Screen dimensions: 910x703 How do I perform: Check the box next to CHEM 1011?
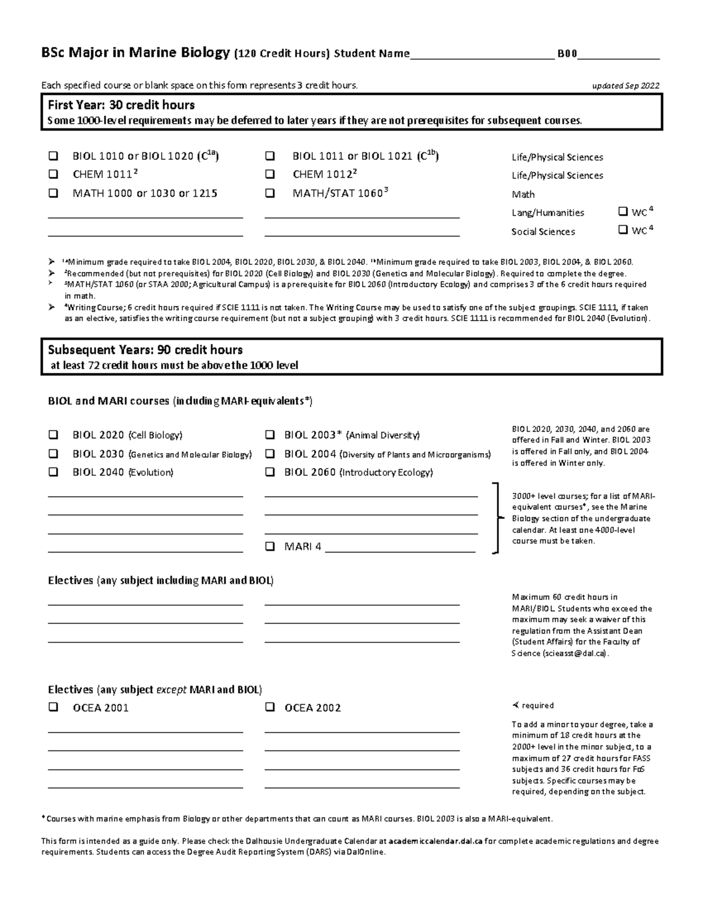53,174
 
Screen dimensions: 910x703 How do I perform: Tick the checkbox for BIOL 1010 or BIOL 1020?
53,156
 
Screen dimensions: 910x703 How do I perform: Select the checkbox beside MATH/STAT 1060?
270,193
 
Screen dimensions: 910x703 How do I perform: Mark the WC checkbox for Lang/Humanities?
623,212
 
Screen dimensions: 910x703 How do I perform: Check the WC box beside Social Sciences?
623,230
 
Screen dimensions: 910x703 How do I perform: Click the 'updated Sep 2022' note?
626,86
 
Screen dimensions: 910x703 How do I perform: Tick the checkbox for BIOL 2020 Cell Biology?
53,435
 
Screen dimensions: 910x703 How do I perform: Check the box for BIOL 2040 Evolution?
53,472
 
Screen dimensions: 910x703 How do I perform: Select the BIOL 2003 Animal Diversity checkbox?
270,435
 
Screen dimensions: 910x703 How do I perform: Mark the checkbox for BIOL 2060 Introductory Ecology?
270,472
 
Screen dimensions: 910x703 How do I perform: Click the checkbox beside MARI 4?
270,547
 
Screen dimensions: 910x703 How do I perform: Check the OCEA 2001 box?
53,707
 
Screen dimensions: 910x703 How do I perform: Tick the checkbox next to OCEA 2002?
270,707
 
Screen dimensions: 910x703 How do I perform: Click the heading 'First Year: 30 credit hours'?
121,105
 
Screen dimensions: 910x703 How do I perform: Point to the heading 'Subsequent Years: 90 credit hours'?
145,350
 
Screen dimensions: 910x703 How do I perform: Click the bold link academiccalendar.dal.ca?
435,841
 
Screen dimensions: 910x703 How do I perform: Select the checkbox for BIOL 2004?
270,454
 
